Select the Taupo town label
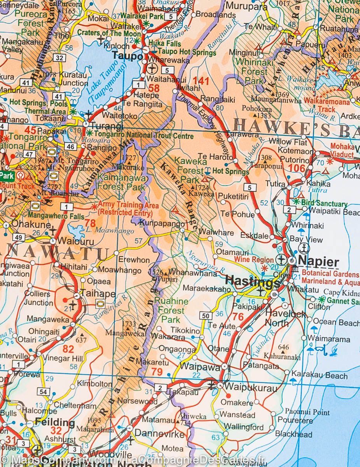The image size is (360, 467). [128, 56]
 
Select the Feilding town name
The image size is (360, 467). [54, 422]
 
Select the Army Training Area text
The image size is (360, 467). [128, 209]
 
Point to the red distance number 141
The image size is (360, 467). [201, 81]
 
